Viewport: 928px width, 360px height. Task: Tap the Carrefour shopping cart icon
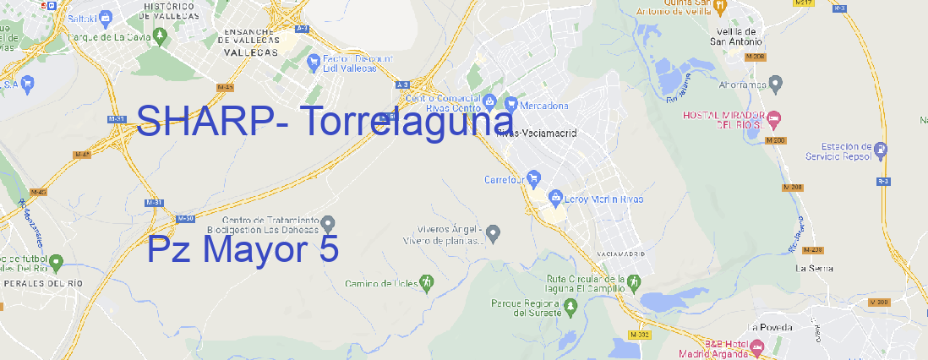point(535,179)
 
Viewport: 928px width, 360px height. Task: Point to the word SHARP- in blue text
point(213,121)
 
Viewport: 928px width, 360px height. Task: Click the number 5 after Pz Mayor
point(330,249)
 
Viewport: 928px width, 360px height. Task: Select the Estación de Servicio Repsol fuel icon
point(882,150)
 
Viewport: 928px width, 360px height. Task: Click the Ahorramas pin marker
point(777,84)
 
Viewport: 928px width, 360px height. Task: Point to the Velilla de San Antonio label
point(734,35)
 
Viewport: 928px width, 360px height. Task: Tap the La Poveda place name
point(769,327)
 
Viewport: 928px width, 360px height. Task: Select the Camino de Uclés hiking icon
point(428,282)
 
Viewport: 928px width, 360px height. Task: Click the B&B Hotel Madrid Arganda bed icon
point(757,346)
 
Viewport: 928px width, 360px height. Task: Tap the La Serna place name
point(815,268)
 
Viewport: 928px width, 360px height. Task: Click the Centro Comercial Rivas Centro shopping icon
point(489,102)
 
